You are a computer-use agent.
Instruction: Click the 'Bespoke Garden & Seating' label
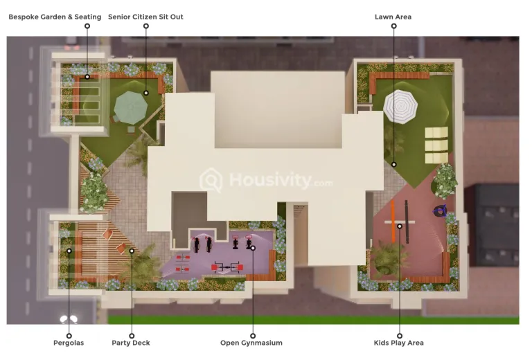(x=55, y=17)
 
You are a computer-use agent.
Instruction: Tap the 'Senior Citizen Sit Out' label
(x=145, y=17)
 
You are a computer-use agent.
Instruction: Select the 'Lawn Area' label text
(x=393, y=17)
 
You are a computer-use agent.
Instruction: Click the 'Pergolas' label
(x=69, y=343)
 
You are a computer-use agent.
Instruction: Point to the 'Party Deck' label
(x=131, y=343)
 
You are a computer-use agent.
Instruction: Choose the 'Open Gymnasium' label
(x=251, y=343)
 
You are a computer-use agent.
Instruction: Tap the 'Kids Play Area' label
(x=399, y=343)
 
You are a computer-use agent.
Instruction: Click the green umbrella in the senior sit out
(x=131, y=107)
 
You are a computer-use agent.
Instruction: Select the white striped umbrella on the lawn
(x=400, y=107)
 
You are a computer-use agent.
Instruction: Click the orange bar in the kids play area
(x=393, y=222)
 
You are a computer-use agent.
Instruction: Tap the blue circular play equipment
(x=440, y=212)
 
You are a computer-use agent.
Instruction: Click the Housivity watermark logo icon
(x=211, y=180)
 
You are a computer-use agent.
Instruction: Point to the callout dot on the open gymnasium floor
(x=253, y=248)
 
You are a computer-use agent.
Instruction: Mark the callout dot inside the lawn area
(x=394, y=164)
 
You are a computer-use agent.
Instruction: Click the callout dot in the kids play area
(x=400, y=226)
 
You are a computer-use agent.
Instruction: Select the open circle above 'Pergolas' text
(x=69, y=336)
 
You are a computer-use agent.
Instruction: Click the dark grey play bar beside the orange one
(x=407, y=222)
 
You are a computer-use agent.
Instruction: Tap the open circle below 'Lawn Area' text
(x=394, y=26)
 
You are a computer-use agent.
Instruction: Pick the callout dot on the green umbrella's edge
(x=146, y=93)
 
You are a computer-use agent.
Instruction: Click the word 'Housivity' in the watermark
(x=270, y=180)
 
